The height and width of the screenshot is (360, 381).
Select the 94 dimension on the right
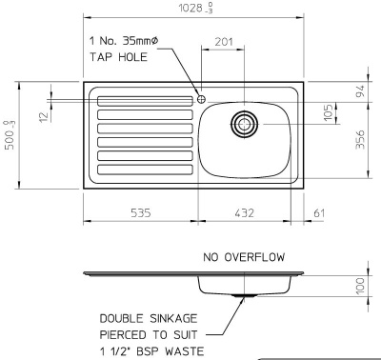tap(359, 92)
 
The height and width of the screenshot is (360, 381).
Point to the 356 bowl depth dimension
tap(359, 139)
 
